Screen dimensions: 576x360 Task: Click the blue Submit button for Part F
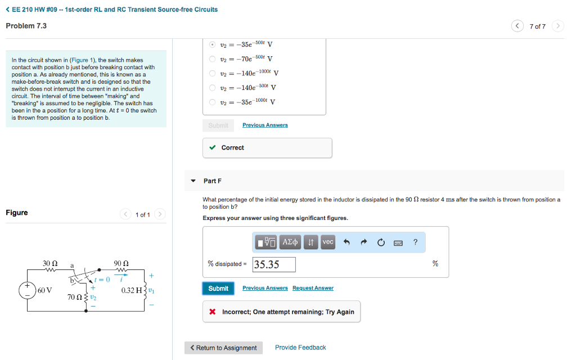tap(218, 289)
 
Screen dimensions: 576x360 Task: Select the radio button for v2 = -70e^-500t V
tap(212, 58)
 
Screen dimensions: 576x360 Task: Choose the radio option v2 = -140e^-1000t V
tap(212, 73)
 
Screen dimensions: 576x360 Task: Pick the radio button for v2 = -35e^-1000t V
tap(212, 102)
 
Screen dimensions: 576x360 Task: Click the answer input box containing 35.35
tap(274, 264)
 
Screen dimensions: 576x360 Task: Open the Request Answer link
tap(313, 288)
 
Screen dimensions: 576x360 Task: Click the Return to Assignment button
tap(223, 348)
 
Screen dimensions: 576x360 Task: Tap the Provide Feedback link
tap(300, 348)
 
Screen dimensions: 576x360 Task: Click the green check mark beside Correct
tap(212, 147)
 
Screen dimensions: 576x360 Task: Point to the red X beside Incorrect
tap(212, 312)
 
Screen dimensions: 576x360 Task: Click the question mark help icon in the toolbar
tap(415, 242)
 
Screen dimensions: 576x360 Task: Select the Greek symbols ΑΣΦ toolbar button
tap(290, 242)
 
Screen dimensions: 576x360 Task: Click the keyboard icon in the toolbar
tap(398, 243)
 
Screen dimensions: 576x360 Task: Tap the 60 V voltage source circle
tap(28, 290)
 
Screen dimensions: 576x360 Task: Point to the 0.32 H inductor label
tap(132, 290)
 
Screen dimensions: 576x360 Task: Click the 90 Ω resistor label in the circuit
tap(121, 263)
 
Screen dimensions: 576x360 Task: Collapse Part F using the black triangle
tap(193, 181)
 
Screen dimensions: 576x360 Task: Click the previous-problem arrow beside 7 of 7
tap(517, 26)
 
